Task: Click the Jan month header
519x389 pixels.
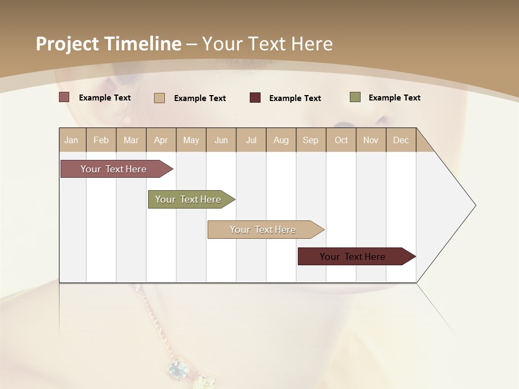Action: [71, 140]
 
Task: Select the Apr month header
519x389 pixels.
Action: [161, 140]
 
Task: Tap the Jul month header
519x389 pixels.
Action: [251, 140]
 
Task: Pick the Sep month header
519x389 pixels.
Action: [310, 140]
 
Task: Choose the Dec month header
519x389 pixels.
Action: [401, 140]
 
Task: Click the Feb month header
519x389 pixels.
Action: [101, 140]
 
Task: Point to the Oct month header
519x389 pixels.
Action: [341, 140]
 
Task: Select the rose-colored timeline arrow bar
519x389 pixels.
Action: [114, 169]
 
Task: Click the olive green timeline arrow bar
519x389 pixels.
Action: [188, 199]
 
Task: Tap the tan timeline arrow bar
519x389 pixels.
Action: [263, 230]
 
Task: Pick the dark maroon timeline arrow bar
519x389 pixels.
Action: [352, 257]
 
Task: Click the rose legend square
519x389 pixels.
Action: [64, 97]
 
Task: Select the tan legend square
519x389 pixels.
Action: [159, 98]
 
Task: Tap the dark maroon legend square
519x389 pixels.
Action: [255, 98]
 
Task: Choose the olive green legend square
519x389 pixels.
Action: [355, 97]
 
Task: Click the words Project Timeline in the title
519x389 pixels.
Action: [108, 44]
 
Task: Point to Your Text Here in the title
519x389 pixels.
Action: [267, 44]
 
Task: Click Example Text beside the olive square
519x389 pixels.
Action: [394, 97]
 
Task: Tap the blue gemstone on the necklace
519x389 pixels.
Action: [177, 370]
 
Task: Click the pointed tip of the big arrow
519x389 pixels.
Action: [474, 205]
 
